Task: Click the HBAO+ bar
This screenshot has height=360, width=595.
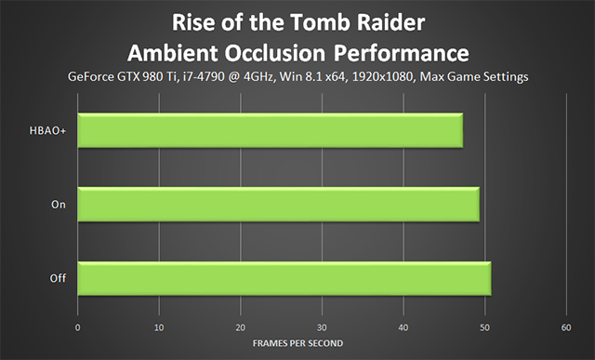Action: coord(271,130)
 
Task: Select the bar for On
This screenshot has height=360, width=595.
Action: coord(279,205)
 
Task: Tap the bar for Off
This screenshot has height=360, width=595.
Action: coord(284,278)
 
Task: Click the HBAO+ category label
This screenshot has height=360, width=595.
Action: coord(47,130)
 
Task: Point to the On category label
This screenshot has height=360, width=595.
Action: coord(59,205)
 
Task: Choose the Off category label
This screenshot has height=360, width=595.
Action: coord(58,278)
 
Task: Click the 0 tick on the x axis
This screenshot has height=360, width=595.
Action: coord(77,327)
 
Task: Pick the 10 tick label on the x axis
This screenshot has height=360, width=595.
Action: coord(159,327)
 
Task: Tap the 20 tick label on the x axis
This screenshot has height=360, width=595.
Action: coord(241,327)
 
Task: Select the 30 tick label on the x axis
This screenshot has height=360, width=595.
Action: coord(322,327)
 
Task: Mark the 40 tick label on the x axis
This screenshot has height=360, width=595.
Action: coord(403,327)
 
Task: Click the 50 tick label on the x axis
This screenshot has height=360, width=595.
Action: coord(484,327)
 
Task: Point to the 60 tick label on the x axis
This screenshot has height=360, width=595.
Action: coord(566,327)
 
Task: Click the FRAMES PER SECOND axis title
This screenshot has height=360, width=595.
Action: coord(297,343)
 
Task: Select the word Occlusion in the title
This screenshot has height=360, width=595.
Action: coord(275,53)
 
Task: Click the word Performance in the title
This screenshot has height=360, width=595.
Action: coord(402,54)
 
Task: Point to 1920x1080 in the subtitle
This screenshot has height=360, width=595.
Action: coord(382,76)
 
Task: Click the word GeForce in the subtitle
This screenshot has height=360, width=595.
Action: coord(90,76)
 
